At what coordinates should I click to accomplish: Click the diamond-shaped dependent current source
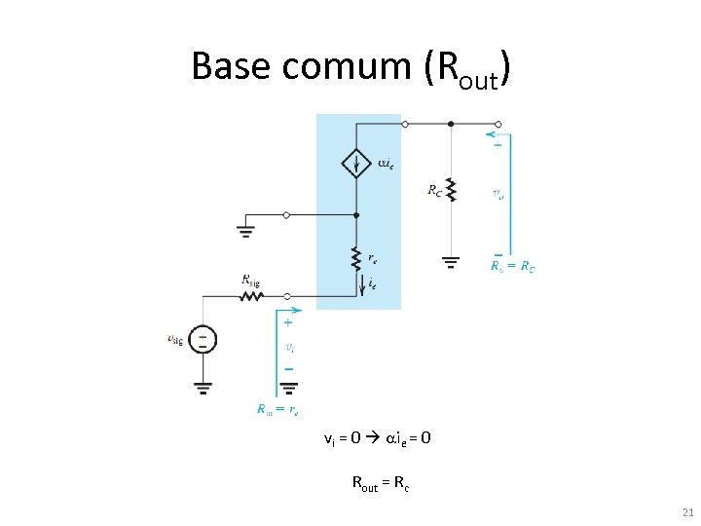click(x=356, y=163)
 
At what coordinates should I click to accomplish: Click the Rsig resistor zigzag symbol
click(x=251, y=294)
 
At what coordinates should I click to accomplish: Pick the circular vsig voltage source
click(x=203, y=339)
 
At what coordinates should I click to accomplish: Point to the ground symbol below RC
click(x=450, y=261)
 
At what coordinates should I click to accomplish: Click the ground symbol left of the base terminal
click(x=245, y=231)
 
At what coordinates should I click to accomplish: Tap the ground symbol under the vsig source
click(x=203, y=387)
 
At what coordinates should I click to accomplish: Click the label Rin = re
click(x=277, y=410)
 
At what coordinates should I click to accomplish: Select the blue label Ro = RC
click(x=512, y=266)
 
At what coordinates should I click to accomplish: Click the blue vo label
click(x=498, y=194)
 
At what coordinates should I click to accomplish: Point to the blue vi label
click(x=289, y=347)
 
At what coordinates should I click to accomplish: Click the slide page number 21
click(x=688, y=513)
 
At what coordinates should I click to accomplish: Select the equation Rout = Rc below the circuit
click(x=380, y=481)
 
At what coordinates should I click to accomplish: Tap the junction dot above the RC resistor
click(x=450, y=124)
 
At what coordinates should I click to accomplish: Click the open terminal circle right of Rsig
click(x=286, y=294)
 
